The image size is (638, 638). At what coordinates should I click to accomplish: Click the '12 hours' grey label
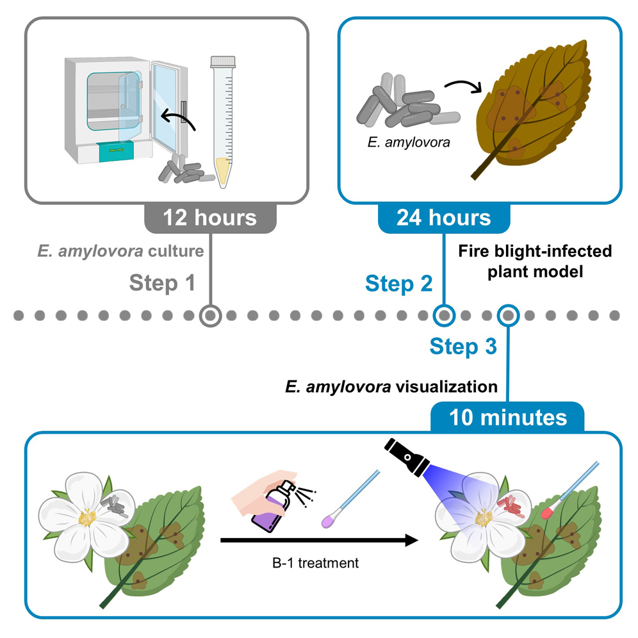pyautogui.click(x=209, y=217)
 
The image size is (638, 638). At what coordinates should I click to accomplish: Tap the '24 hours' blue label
pyautogui.click(x=443, y=217)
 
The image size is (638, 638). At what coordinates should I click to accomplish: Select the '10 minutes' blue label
pyautogui.click(x=508, y=418)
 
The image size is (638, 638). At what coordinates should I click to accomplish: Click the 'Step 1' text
pyautogui.click(x=162, y=282)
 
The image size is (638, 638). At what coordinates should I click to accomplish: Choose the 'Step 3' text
pyautogui.click(x=462, y=347)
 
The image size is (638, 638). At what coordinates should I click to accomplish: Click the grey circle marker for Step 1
pyautogui.click(x=210, y=315)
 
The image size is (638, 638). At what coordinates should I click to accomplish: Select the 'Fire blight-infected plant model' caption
pyautogui.click(x=536, y=259)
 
